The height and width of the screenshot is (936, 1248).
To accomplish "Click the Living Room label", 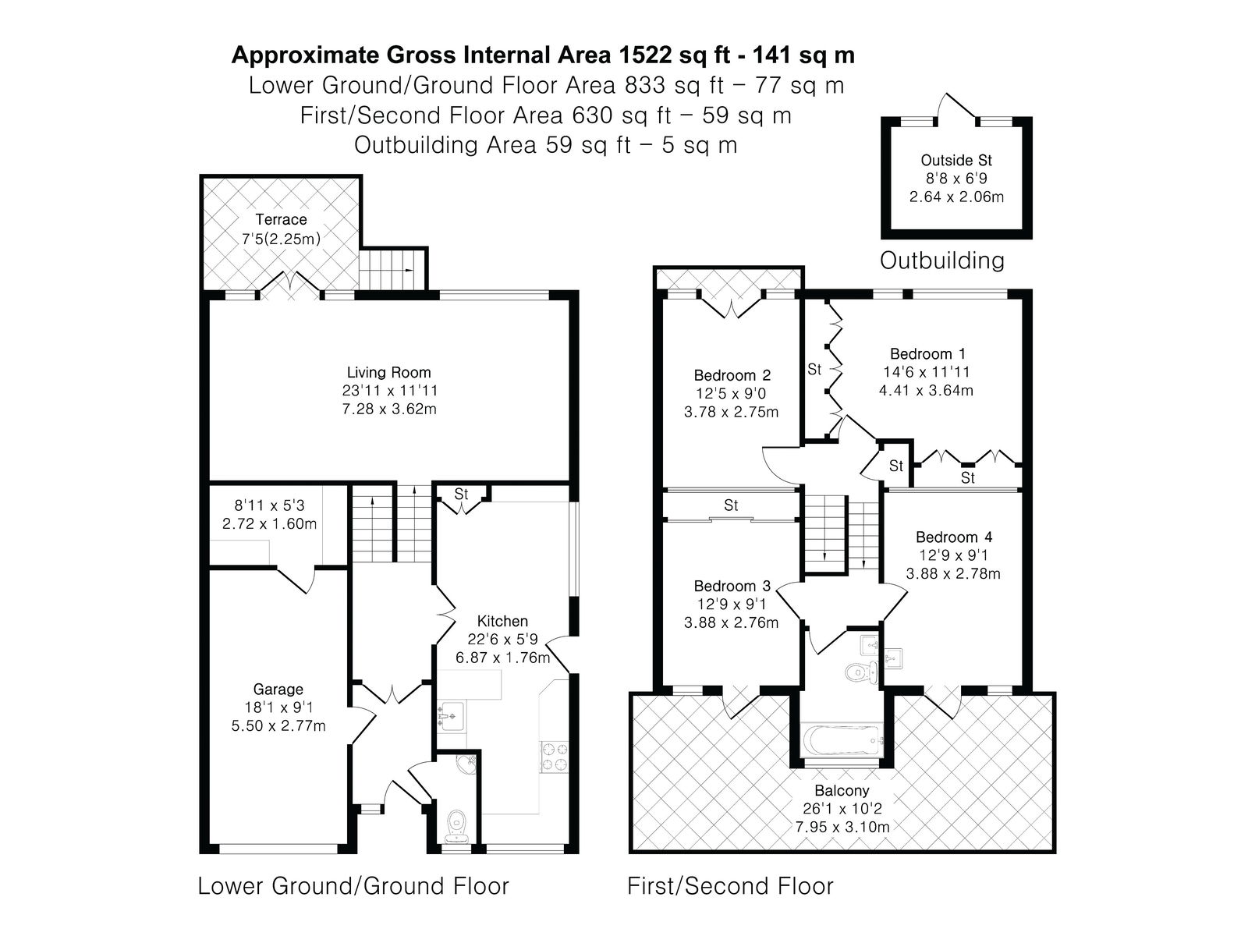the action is click(x=389, y=372).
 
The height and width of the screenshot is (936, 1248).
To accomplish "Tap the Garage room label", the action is click(x=278, y=690).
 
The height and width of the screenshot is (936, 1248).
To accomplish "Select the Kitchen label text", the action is click(x=502, y=621).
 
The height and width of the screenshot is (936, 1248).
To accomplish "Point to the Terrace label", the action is click(x=281, y=219).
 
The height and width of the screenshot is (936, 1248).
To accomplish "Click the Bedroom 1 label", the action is click(x=927, y=354).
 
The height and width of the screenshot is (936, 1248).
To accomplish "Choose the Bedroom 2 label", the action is click(x=732, y=376).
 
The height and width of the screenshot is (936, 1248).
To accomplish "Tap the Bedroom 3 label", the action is click(x=732, y=586).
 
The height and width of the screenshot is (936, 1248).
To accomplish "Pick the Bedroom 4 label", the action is click(x=954, y=537).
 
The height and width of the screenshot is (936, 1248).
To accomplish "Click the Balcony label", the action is click(x=842, y=790).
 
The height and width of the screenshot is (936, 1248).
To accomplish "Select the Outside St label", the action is click(x=956, y=160).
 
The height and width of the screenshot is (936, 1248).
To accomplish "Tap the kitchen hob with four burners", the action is click(x=555, y=757).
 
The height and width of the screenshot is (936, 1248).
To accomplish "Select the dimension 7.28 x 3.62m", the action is click(x=389, y=409).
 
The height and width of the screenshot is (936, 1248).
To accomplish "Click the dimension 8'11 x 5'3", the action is click(x=270, y=505).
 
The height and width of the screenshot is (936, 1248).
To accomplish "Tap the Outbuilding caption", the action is click(x=942, y=261).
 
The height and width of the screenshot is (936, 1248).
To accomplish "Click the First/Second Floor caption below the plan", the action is click(x=730, y=887).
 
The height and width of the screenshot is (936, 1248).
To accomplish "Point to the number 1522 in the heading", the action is click(x=644, y=55).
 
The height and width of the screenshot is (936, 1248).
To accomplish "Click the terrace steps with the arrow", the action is click(x=393, y=269).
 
